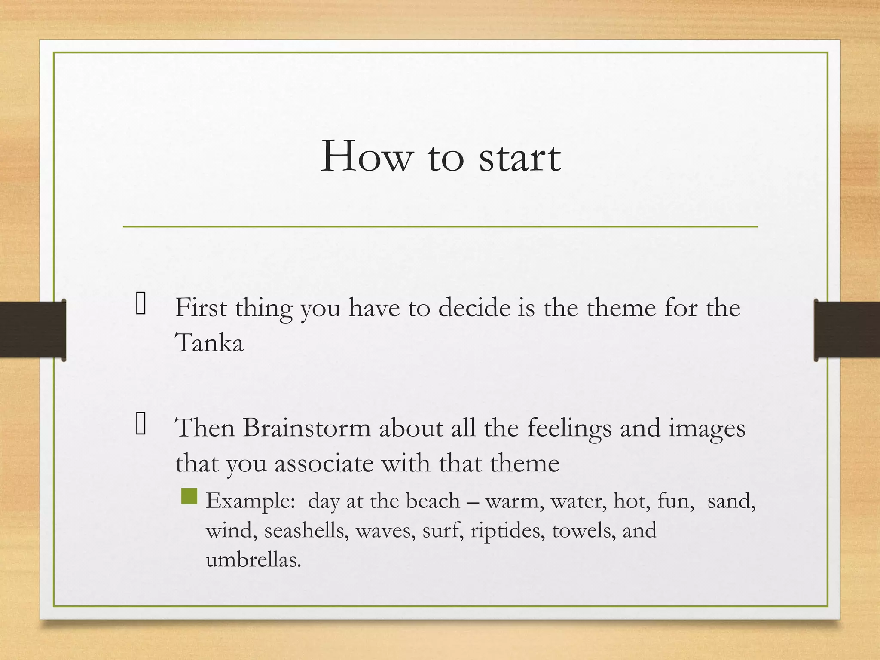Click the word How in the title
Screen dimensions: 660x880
[x=366, y=157]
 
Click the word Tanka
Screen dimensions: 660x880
[x=209, y=343]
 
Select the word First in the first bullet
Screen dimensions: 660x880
[x=200, y=308]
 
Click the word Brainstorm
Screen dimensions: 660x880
[x=307, y=428]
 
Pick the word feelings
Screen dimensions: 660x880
[x=569, y=429]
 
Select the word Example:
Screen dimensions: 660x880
[x=251, y=501]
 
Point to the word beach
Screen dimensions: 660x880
[x=433, y=501]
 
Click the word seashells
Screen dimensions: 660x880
[x=306, y=530]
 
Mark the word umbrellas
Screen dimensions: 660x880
[x=254, y=559]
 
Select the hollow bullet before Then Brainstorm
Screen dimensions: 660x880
[x=141, y=424]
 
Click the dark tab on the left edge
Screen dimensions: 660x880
[x=33, y=330]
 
